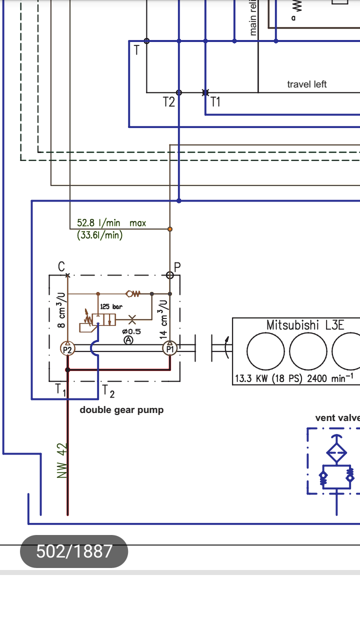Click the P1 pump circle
(169, 348)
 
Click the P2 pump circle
(67, 348)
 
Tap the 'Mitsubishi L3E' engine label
(305, 325)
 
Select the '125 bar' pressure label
(111, 306)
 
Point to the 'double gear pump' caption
(121, 410)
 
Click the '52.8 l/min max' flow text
(111, 223)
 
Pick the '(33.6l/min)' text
(100, 234)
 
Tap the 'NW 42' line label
(62, 460)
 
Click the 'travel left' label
(306, 84)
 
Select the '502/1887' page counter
(74, 551)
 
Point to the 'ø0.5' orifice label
(131, 331)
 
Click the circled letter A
(128, 340)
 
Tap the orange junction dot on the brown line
(170, 229)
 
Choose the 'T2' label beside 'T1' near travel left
(169, 102)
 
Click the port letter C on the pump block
(61, 266)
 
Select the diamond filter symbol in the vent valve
(336, 453)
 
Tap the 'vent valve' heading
(337, 418)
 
